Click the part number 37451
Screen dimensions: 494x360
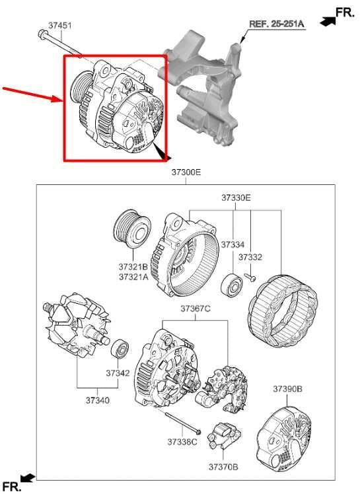tap(59, 25)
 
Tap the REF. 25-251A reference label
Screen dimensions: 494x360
tap(275, 24)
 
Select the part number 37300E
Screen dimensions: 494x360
tap(186, 172)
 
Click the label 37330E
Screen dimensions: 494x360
tap(236, 197)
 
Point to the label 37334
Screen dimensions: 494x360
tap(233, 244)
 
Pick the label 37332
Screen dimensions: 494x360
tap(250, 257)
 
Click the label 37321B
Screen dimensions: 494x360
tap(133, 267)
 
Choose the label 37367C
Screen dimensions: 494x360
tap(196, 309)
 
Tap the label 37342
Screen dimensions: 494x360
tap(118, 373)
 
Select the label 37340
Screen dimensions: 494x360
tap(97, 400)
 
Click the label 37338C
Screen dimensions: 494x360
tap(182, 441)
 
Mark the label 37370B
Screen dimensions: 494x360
tap(223, 466)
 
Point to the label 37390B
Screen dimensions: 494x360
tap(287, 389)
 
